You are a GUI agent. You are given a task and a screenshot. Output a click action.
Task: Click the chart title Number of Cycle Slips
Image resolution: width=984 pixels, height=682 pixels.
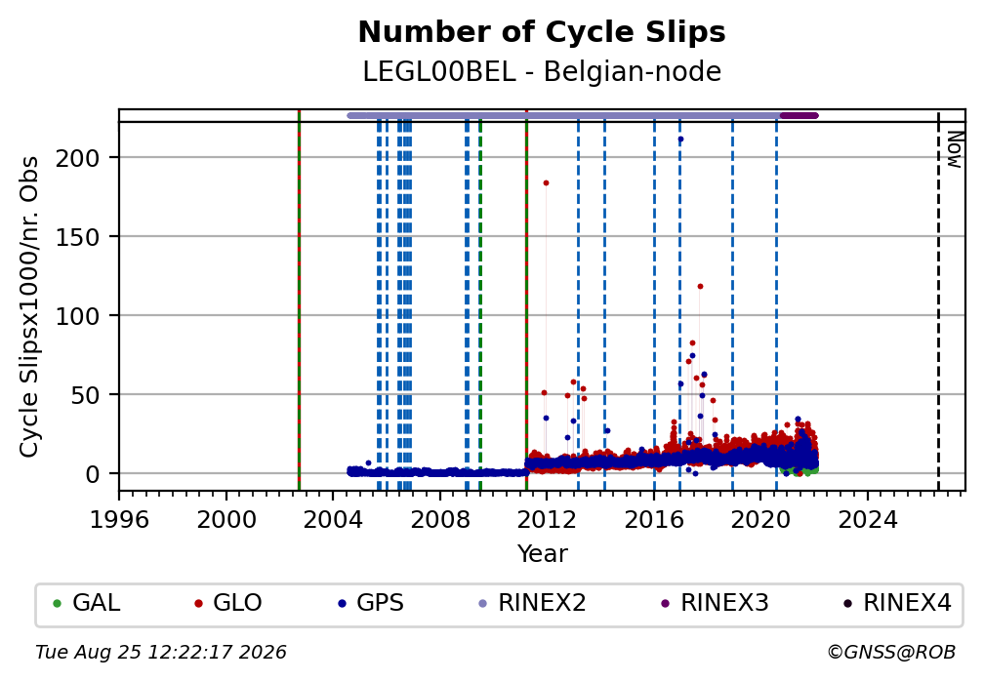coord(542,32)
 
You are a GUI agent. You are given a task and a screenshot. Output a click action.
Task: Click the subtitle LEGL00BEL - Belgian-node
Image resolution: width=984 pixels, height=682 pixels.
coord(542,71)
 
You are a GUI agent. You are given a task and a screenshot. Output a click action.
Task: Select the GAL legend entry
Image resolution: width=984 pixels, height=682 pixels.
coord(87,603)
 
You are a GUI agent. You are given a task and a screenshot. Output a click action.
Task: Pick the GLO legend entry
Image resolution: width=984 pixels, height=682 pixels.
coord(228,603)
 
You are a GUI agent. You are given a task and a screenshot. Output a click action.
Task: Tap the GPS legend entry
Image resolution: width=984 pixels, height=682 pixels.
coord(371,603)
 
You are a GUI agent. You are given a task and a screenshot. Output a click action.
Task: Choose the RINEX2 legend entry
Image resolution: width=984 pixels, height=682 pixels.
coord(532,603)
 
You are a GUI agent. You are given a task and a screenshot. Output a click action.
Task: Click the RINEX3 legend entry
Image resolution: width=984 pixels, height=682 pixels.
coord(715,603)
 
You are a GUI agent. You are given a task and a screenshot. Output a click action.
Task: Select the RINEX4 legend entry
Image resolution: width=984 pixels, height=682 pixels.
coord(897,603)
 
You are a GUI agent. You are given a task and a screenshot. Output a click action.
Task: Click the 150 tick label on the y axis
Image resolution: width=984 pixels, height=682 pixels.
coord(78,237)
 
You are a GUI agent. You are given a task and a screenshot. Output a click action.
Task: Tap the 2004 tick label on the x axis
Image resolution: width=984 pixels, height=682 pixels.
coord(333,520)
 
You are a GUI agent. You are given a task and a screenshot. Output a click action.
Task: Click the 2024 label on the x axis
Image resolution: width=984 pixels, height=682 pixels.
coord(867,520)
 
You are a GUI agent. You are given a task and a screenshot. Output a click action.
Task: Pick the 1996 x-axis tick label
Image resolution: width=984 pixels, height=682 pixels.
coord(119,520)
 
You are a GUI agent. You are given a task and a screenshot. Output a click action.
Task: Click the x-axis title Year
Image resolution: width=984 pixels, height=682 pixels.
coord(542,553)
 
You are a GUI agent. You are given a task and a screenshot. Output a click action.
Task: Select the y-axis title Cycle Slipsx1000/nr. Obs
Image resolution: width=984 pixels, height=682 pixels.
coord(29,306)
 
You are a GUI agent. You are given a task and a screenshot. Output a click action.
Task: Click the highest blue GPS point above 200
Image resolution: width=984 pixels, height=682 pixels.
coord(681,140)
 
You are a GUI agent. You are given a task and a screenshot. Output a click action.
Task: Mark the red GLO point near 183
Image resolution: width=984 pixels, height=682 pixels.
coord(546,183)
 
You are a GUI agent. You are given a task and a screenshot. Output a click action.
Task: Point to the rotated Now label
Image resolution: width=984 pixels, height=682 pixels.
coord(955,149)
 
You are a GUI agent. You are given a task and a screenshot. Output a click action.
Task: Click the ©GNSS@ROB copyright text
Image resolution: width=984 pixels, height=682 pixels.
coord(892,653)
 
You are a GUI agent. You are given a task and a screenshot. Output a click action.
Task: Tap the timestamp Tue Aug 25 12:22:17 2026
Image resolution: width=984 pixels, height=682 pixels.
coord(161,653)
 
